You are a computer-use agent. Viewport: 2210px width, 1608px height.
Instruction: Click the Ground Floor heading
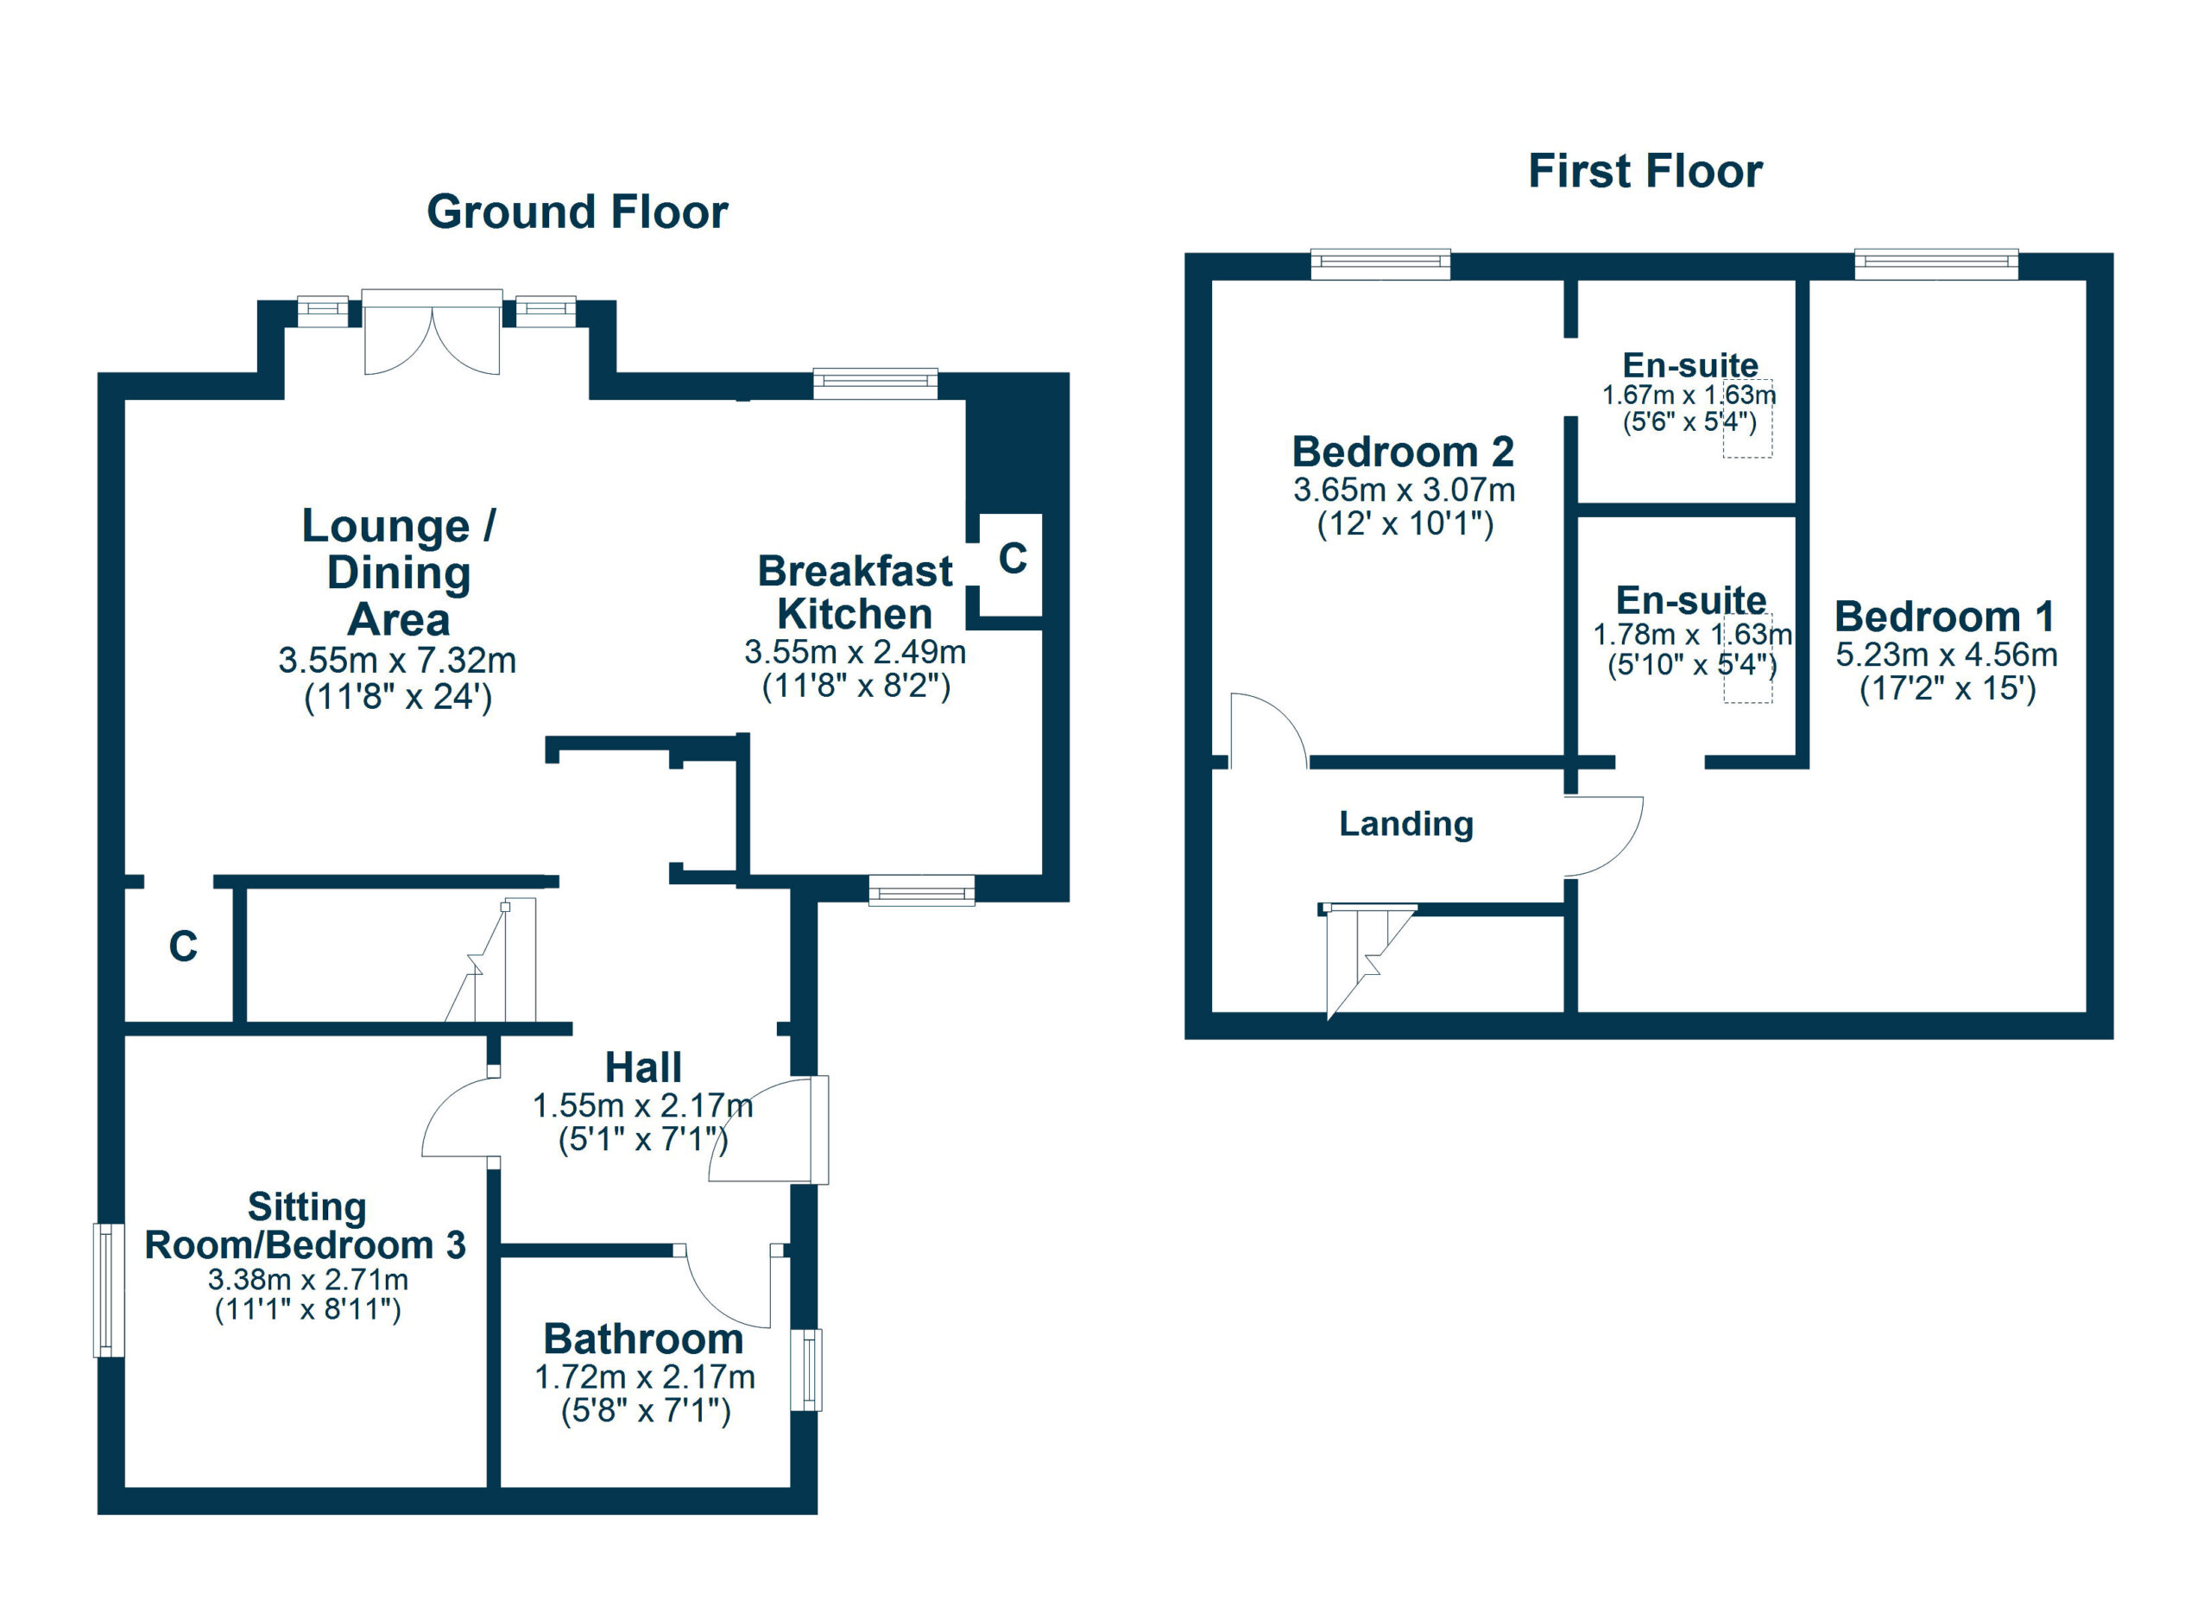tap(577, 212)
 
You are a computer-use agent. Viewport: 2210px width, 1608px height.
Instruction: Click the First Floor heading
tap(1645, 172)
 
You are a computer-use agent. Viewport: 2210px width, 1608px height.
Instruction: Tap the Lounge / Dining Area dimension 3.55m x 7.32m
tap(398, 661)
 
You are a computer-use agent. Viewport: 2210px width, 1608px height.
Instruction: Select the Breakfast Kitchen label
tap(855, 592)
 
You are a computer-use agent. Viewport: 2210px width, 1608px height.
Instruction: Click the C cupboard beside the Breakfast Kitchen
tap(1013, 559)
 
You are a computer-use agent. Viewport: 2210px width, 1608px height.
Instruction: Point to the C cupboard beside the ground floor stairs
tap(183, 946)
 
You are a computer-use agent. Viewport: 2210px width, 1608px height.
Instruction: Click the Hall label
tap(643, 1068)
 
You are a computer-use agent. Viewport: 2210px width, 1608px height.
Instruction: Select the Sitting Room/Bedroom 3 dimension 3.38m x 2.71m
tap(308, 1280)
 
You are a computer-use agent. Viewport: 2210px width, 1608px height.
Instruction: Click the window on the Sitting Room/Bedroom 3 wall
tap(109, 1289)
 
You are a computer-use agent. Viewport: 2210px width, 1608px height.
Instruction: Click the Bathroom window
tap(807, 1370)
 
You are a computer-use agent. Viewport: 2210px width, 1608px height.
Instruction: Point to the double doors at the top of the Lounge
tap(432, 332)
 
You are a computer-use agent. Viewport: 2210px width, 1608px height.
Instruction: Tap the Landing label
tap(1406, 824)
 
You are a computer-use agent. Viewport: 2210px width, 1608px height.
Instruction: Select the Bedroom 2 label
tap(1403, 453)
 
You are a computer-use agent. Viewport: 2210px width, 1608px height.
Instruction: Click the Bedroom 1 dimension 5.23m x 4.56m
tap(1947, 655)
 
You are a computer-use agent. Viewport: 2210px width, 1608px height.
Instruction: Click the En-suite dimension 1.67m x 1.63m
tap(1689, 395)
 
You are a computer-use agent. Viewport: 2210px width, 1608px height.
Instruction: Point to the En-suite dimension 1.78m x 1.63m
tap(1693, 635)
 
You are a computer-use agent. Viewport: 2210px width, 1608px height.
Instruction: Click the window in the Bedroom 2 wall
tap(1380, 264)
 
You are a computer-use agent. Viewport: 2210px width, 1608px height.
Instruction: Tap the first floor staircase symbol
tap(1367, 960)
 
